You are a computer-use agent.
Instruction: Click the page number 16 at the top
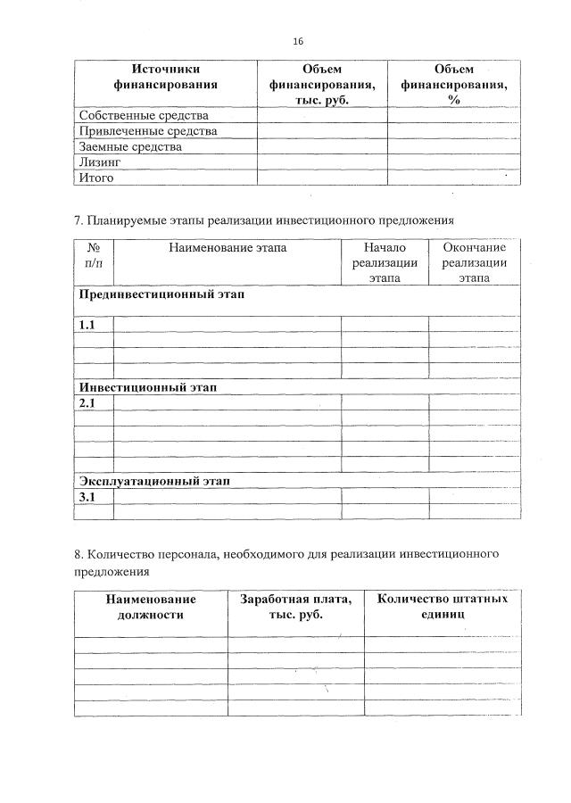click(x=298, y=42)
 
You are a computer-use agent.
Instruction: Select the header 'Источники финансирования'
click(x=166, y=77)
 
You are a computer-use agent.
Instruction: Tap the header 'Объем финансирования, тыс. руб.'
click(x=322, y=84)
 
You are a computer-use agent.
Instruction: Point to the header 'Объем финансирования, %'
click(x=453, y=84)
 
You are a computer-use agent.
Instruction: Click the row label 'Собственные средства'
click(x=144, y=115)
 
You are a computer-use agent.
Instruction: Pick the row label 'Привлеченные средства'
click(x=148, y=131)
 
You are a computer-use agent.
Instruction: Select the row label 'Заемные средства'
click(x=130, y=146)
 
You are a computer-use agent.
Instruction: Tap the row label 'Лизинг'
click(x=99, y=162)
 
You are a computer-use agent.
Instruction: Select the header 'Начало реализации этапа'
click(x=385, y=262)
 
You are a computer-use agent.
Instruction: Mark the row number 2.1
click(x=87, y=403)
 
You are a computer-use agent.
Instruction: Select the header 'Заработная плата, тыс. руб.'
click(x=295, y=607)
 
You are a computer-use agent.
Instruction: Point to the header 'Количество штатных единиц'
click(x=443, y=607)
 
